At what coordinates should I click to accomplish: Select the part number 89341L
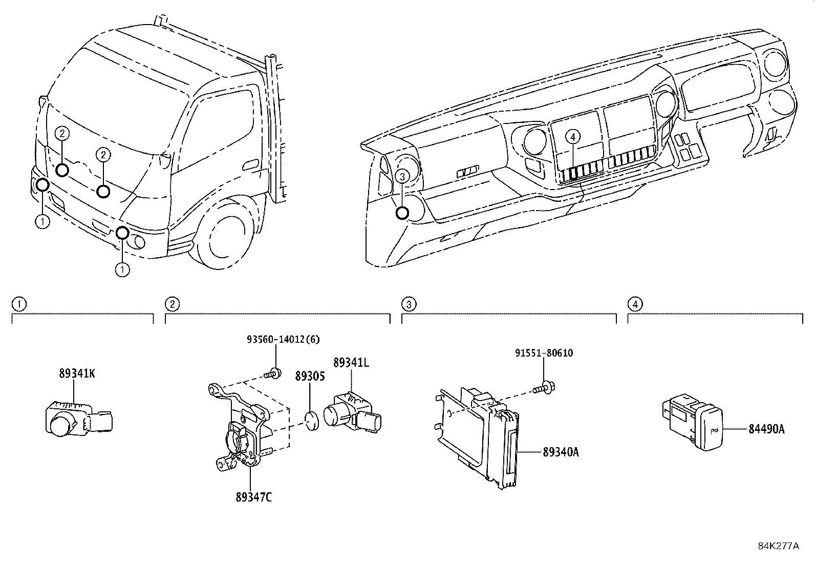(x=351, y=363)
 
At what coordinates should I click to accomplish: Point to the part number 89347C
(x=254, y=496)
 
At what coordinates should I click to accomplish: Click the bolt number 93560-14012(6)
(x=283, y=339)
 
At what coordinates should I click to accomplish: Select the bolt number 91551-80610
(x=544, y=353)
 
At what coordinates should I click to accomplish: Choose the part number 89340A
(x=561, y=452)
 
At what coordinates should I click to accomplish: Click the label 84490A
(x=766, y=429)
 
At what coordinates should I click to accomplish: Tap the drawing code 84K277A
(x=778, y=546)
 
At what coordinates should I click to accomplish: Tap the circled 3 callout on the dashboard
(x=402, y=176)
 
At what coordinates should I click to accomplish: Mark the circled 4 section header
(x=635, y=304)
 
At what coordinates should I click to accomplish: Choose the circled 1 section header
(x=18, y=304)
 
